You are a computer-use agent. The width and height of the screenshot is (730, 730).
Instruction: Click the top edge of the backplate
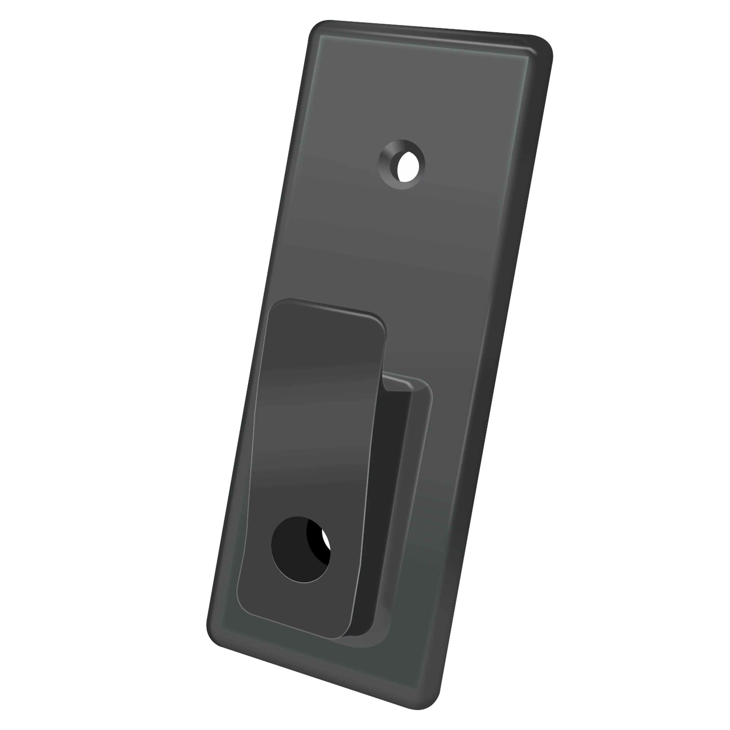(x=427, y=28)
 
